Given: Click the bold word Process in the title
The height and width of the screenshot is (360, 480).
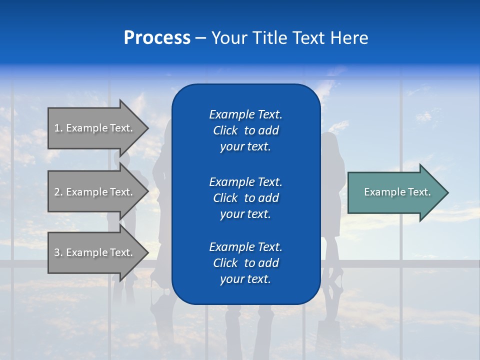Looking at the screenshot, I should click(157, 38).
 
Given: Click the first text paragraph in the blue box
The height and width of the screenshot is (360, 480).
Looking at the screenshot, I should click(245, 130).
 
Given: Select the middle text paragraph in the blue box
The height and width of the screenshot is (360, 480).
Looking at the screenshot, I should click(245, 197).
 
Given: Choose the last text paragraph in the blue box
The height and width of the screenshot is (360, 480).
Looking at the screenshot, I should click(245, 263).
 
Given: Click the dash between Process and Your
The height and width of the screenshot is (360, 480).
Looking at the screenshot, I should click(201, 38).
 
